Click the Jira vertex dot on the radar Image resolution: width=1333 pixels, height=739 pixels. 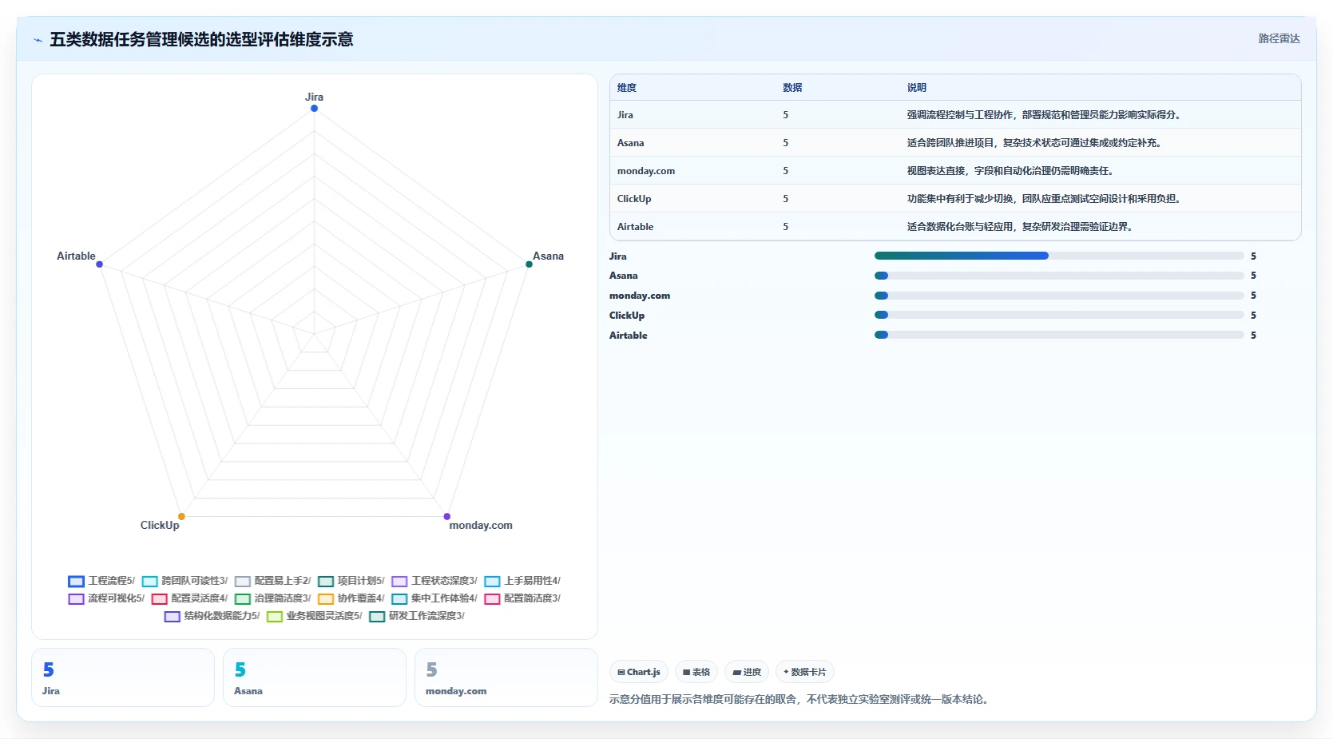click(x=314, y=109)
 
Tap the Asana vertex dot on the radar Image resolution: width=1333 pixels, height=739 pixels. click(x=529, y=264)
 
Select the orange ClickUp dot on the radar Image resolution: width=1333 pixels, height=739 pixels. click(x=181, y=516)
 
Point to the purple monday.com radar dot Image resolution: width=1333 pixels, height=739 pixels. click(x=447, y=516)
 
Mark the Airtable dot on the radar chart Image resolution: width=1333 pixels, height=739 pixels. click(x=99, y=264)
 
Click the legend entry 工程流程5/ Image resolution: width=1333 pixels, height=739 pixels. click(x=101, y=581)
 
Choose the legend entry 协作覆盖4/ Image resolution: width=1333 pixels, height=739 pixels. click(x=351, y=598)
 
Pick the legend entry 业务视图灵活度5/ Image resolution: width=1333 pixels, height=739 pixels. click(x=314, y=616)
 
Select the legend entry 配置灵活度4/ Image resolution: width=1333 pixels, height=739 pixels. click(x=189, y=598)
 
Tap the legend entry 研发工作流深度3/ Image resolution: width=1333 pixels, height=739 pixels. click(x=417, y=616)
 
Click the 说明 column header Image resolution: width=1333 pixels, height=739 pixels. click(x=916, y=88)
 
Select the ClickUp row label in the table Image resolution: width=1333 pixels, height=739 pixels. click(x=634, y=198)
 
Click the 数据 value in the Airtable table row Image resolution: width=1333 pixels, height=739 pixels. click(x=786, y=226)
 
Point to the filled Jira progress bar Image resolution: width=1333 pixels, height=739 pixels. click(x=961, y=256)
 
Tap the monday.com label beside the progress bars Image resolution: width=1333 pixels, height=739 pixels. click(x=639, y=296)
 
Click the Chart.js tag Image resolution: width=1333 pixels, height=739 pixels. click(x=638, y=672)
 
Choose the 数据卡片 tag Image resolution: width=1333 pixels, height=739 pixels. click(x=804, y=672)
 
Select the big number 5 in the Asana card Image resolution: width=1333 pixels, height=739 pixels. click(x=240, y=670)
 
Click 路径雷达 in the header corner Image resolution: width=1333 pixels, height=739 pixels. click(x=1279, y=38)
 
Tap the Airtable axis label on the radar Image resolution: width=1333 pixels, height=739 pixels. click(x=76, y=256)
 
